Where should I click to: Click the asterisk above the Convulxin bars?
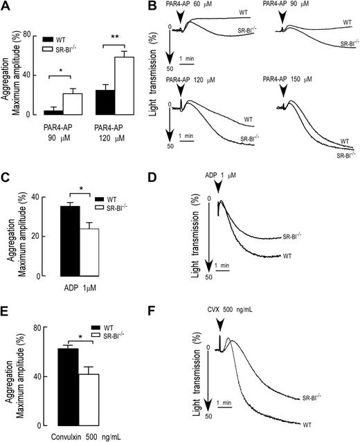pyautogui.click(x=80, y=337)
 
